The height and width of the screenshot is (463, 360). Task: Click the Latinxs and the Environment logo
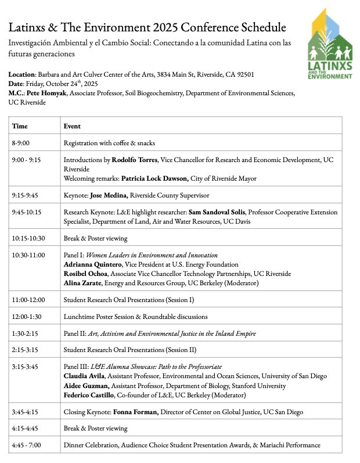coord(330,45)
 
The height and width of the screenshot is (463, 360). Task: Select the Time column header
coord(20,125)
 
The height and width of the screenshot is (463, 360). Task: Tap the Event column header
coord(72,125)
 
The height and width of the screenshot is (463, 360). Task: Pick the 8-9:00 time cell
coord(21,143)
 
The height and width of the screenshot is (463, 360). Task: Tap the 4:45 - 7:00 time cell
coord(27,445)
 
